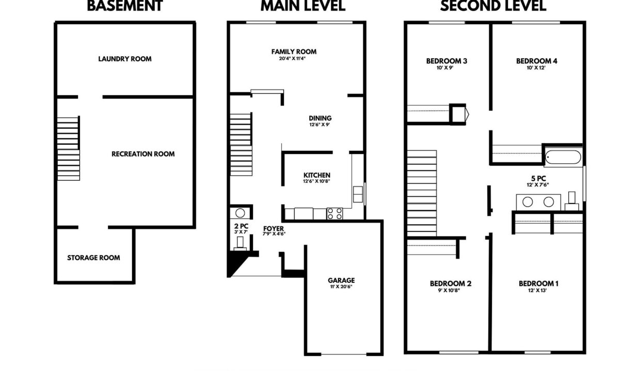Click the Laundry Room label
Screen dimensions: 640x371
pos(125,59)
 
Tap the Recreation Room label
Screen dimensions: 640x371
pos(143,154)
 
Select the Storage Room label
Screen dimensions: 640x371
pos(94,258)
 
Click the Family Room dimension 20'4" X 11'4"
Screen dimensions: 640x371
pos(292,59)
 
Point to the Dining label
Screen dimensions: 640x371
pos(321,118)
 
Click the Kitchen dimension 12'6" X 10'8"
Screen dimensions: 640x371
pos(316,181)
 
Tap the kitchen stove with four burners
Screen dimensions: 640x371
pos(334,214)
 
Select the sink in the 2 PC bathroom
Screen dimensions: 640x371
pos(241,213)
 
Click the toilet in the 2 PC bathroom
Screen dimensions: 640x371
pos(240,244)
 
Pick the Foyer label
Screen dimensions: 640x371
pos(274,229)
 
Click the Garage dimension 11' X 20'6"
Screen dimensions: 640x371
pos(341,286)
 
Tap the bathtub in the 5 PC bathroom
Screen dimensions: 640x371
pos(563,157)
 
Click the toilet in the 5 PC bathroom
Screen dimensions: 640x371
pos(572,201)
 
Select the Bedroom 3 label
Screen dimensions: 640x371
pos(446,61)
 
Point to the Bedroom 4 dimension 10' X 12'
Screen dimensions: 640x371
pos(536,68)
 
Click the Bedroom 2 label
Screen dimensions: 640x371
pos(451,284)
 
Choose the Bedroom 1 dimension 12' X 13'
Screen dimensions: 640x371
pos(537,291)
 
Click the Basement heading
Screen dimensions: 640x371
pos(125,6)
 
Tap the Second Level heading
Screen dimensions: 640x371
pos(493,6)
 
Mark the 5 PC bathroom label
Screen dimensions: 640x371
pos(538,178)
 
